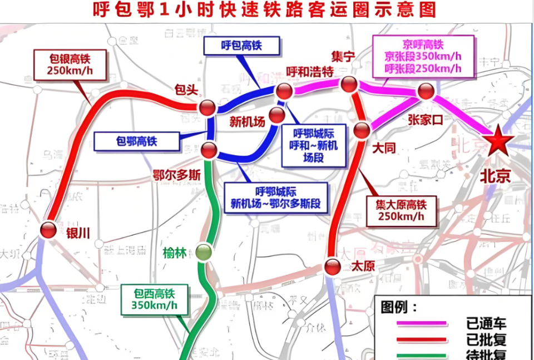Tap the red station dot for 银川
[x=48, y=229]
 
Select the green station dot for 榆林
[x=204, y=252]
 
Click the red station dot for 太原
[x=333, y=267]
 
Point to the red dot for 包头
[x=208, y=107]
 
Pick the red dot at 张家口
[x=426, y=91]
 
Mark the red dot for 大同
[x=362, y=130]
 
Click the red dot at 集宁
[x=349, y=84]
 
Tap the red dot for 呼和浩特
[x=284, y=91]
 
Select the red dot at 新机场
[x=276, y=115]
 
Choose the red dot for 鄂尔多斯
[x=209, y=149]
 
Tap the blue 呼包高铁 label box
[x=241, y=46]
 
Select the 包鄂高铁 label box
[x=136, y=141]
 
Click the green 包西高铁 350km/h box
[x=155, y=299]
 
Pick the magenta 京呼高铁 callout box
[x=423, y=56]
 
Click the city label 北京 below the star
[x=495, y=176]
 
